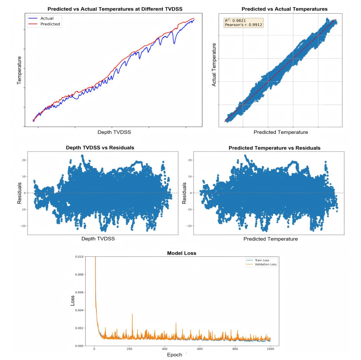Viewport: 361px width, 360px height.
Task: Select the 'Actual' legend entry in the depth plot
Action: click(x=47, y=18)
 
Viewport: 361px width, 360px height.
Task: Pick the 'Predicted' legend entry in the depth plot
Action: click(x=50, y=24)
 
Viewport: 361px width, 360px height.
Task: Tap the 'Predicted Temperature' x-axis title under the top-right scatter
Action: click(x=281, y=132)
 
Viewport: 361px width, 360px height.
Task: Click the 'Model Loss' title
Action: click(x=182, y=253)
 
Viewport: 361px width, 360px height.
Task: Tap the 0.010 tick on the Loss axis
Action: click(x=79, y=257)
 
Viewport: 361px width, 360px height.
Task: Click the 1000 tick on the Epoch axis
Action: click(x=270, y=349)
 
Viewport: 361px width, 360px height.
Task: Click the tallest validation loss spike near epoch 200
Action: click(x=132, y=314)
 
